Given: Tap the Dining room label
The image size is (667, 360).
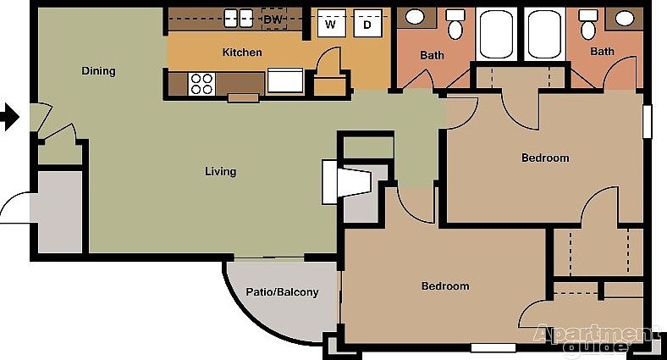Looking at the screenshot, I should [98, 70].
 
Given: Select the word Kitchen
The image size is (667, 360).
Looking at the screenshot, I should [242, 53].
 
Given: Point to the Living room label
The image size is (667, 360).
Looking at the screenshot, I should [221, 172].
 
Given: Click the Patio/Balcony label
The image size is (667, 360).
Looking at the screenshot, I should [282, 292].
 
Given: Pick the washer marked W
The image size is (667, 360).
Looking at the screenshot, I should [332, 24].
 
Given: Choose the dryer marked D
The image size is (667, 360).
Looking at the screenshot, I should [367, 24].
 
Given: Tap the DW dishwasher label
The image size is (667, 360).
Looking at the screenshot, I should [273, 19].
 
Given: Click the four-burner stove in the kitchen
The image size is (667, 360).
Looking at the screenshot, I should [201, 83].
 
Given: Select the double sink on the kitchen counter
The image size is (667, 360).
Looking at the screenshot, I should [234, 18].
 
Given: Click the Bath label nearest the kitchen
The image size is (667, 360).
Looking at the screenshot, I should [432, 56].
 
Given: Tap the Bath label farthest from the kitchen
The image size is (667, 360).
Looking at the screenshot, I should [602, 52].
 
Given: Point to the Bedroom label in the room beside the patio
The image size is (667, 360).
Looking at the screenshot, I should [445, 286].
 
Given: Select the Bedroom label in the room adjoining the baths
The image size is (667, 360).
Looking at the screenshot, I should [545, 158].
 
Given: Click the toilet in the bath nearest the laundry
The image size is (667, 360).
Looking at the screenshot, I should [455, 26].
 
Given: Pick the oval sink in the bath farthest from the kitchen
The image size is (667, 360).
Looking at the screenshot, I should [624, 18].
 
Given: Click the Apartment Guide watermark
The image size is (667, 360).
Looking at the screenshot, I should [593, 338].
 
